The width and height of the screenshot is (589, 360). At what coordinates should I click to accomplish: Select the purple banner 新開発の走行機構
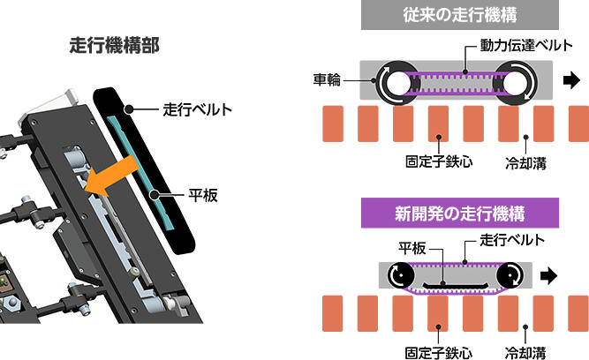459,213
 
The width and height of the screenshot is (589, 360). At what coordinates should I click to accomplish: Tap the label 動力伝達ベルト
516,44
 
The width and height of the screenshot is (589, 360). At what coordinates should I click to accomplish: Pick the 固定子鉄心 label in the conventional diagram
431,163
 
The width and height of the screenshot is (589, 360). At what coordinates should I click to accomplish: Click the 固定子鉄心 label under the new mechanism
431,350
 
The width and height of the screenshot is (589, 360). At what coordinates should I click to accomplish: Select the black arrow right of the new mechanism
548,275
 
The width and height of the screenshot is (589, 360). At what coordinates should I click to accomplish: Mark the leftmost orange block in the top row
335,124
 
